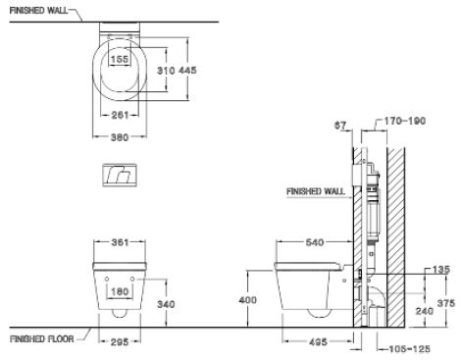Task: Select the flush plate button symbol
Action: (118, 177)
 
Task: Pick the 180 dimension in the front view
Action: (118, 290)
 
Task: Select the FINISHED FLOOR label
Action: (40, 339)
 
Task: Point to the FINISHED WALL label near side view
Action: (315, 192)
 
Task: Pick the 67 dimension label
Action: (341, 126)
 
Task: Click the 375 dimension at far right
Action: (447, 302)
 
